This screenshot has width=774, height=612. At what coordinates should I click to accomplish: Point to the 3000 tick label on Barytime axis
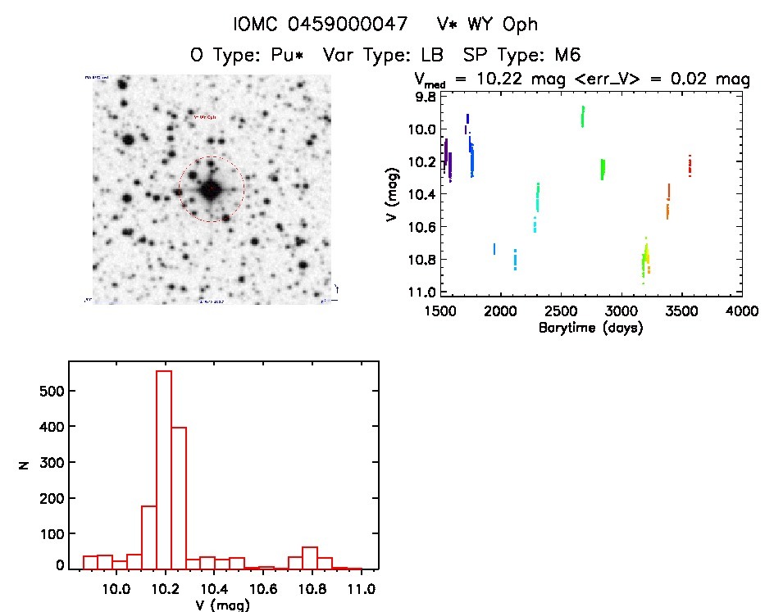point(622,311)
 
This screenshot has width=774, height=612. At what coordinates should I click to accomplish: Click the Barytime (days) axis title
point(590,328)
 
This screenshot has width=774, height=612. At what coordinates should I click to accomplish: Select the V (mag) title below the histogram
point(216,605)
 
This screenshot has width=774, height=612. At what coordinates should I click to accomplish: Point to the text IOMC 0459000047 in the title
point(321,25)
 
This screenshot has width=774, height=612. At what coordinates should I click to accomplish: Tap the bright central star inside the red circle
point(211,189)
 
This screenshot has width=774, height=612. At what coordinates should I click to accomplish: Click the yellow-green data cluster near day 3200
point(646,258)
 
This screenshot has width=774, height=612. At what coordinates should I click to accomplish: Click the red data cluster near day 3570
point(690,166)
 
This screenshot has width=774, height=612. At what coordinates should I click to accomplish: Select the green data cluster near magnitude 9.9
point(583,116)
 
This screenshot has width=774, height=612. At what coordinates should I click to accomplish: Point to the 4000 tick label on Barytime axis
point(743,311)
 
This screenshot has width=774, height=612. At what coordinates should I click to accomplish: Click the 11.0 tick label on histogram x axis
point(361,589)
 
